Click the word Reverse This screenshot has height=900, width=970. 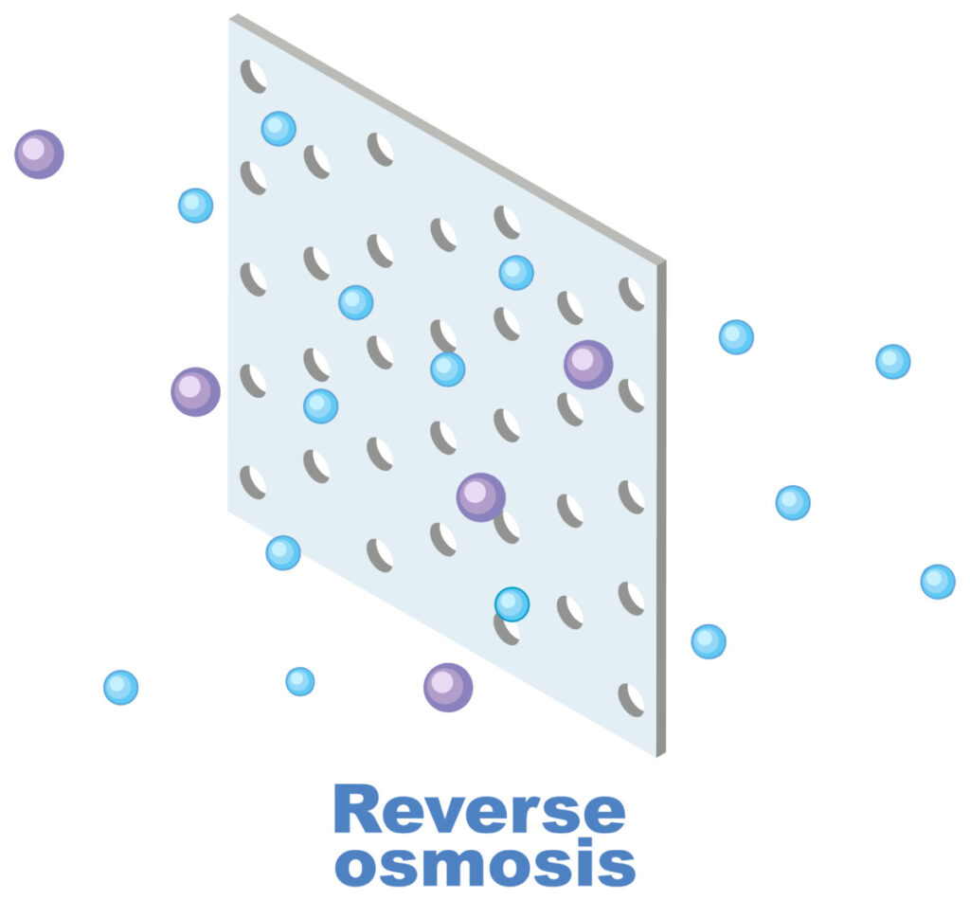click(x=479, y=811)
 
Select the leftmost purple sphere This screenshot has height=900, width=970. click(x=39, y=153)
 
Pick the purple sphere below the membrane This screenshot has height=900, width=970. click(x=448, y=687)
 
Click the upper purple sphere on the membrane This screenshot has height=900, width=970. click(x=588, y=364)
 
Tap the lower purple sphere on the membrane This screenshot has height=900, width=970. click(x=481, y=496)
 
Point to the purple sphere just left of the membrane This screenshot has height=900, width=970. click(x=195, y=391)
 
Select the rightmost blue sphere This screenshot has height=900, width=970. click(x=938, y=581)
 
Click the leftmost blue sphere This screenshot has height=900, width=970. click(x=120, y=687)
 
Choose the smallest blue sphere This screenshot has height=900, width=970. click(x=300, y=681)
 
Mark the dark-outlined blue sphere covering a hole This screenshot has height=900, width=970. click(x=512, y=603)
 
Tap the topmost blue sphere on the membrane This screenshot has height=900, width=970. click(x=278, y=128)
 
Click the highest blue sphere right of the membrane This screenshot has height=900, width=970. click(x=736, y=336)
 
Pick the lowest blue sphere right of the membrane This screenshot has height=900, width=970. click(x=708, y=641)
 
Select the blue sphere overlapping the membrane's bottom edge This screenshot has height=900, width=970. click(x=283, y=552)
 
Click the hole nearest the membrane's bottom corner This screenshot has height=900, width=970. click(x=631, y=699)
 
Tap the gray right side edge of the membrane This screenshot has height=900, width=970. click(x=660, y=502)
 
